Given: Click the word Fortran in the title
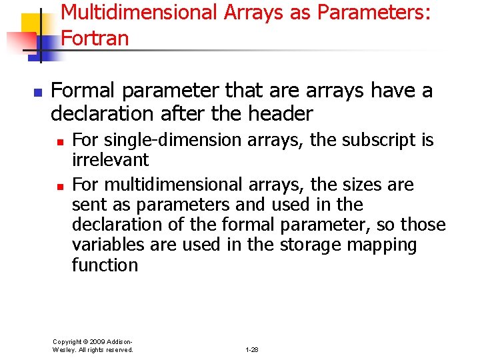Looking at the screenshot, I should pos(95,38).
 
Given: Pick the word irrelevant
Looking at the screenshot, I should pos(110,160).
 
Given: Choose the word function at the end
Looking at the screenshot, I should pos(105,265).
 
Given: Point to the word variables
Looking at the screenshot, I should pos(108,245).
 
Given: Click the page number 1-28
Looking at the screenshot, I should pos(252,349).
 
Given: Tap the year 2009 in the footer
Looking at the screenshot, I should pos(93,341).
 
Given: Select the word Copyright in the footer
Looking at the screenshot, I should pos(67,341).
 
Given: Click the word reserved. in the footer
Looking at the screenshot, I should pos(120,349).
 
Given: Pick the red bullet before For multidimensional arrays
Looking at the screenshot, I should pos(60,185).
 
